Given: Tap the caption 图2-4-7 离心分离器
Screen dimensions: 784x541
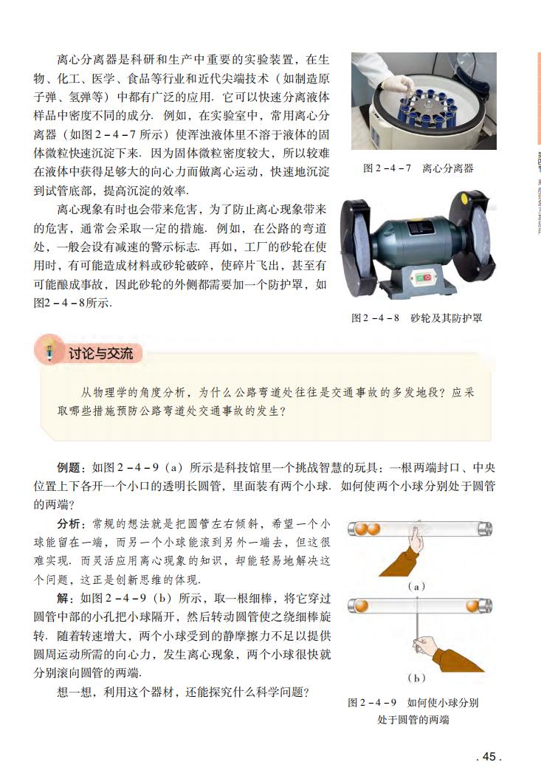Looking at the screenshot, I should point(418,168).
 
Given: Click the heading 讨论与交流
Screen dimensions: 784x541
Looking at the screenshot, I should point(106,354).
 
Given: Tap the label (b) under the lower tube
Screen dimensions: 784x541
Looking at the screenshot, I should point(417,676).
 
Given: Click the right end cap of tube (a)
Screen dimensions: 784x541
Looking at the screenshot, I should point(484,529).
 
